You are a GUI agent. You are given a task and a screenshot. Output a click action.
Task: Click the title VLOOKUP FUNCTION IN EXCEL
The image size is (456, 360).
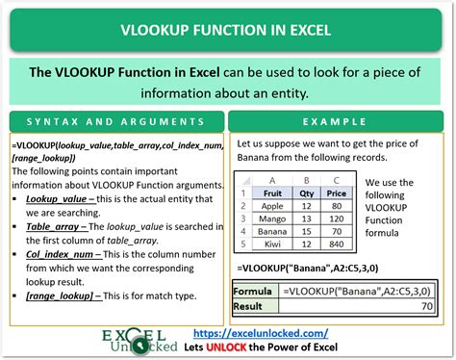(228, 29)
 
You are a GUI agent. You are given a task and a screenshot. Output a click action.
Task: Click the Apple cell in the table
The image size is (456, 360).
(272, 205)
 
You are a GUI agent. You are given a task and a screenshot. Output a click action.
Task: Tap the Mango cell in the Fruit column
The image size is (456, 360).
(272, 219)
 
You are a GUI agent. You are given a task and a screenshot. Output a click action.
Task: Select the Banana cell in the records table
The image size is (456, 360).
(272, 232)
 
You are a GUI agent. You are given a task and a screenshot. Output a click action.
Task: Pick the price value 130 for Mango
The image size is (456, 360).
(337, 219)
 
